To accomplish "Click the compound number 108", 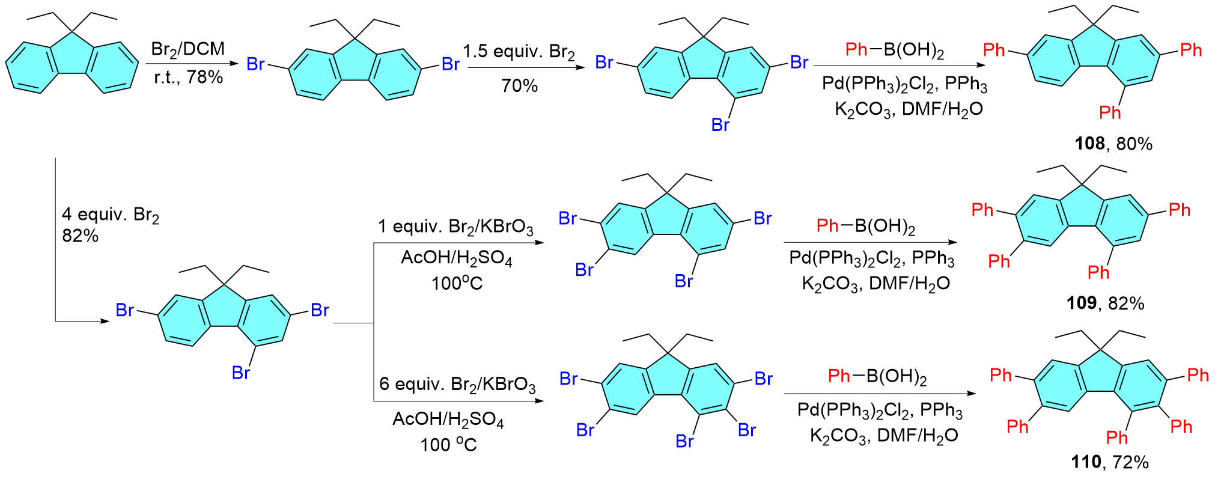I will (1089, 144).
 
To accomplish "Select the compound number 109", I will (1081, 303).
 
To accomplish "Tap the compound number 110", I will (1085, 462).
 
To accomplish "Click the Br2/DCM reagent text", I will (187, 49).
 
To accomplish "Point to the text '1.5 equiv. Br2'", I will (519, 52).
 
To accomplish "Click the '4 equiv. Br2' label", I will (111, 215).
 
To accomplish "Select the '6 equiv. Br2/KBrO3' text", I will (457, 384).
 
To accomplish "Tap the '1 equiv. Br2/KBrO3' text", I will (455, 227).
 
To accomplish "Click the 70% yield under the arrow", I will (519, 86).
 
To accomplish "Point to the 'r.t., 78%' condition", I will (188, 77).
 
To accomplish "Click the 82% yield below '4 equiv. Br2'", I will (80, 236).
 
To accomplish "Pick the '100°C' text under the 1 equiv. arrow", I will (457, 284).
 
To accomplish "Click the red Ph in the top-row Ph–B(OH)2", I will (856, 49).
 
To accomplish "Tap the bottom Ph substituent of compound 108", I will (1110, 112).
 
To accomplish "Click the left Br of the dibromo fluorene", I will (255, 64).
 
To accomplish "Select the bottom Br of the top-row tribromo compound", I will (720, 125).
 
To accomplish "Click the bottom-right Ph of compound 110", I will (1181, 427).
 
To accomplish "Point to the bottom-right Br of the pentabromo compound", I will (746, 430).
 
